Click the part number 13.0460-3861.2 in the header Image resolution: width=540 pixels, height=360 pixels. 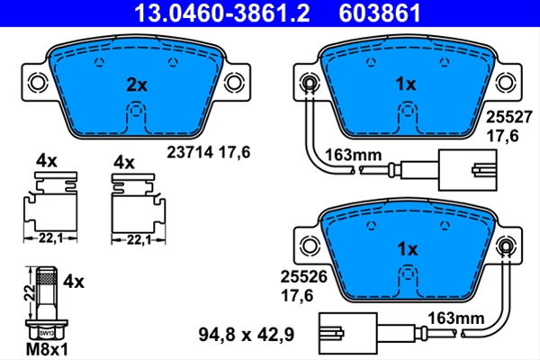click(221, 13)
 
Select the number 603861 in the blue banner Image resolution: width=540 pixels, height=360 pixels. click(380, 13)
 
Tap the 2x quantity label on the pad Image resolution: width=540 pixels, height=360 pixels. click(137, 85)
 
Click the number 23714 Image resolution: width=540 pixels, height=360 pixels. click(190, 152)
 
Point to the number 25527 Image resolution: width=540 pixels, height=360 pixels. click(509, 117)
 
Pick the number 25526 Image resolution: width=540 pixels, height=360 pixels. click(304, 276)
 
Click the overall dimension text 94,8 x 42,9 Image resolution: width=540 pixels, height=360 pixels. click(247, 335)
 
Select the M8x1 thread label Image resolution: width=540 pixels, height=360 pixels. click(47, 350)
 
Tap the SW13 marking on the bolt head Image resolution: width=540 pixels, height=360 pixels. click(46, 333)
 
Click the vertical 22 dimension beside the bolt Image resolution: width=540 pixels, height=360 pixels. click(30, 292)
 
